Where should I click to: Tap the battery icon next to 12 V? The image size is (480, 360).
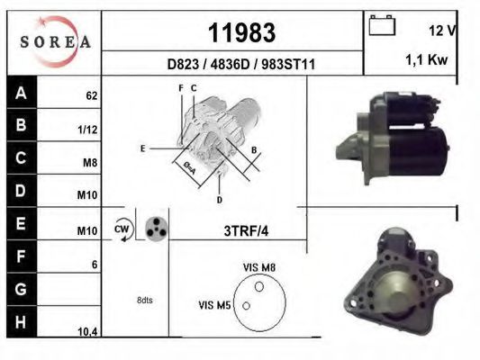[382, 27]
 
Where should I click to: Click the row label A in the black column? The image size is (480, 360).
[21, 92]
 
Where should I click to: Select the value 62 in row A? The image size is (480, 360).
[91, 94]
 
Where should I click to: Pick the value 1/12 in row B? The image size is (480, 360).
[88, 129]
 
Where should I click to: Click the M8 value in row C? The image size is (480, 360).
[89, 163]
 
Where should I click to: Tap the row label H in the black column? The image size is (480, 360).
[21, 321]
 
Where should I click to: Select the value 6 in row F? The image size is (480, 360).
[93, 265]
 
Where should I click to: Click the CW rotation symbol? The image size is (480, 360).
[122, 229]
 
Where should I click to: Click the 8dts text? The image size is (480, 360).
[144, 300]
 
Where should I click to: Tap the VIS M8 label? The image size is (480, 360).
[259, 267]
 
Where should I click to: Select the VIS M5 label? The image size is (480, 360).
[215, 306]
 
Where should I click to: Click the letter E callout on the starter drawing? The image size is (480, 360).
[142, 147]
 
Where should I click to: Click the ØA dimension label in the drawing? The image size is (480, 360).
[190, 167]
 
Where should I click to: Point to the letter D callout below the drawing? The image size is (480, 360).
[219, 199]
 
